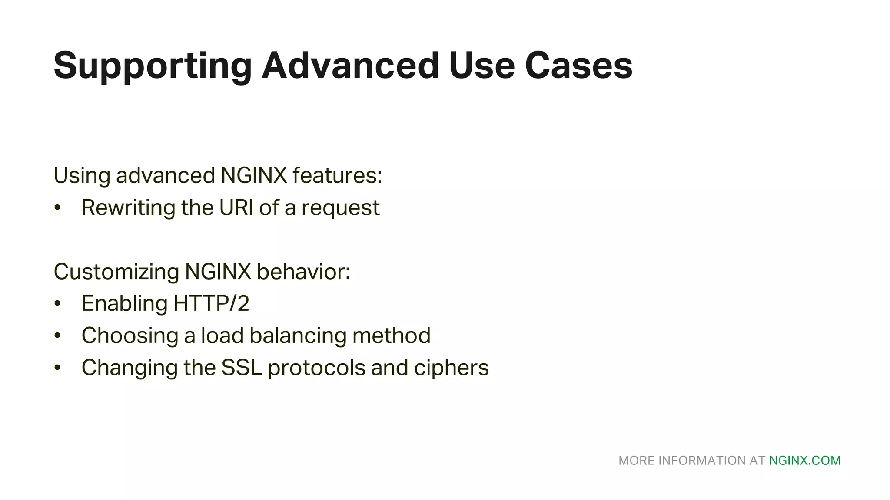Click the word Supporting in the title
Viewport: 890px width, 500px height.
153,66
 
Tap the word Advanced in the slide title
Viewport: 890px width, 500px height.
350,66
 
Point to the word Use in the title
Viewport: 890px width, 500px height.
482,66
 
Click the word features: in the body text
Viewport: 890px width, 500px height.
337,175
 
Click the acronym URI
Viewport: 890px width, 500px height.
236,207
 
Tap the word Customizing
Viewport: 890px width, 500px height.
116,272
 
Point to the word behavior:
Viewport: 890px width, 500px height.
303,272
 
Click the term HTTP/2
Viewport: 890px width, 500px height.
211,303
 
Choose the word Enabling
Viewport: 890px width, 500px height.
124,304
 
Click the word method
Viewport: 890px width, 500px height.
391,336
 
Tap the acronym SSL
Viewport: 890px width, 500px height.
242,368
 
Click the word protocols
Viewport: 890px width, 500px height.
316,368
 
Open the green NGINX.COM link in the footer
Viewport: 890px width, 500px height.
805,461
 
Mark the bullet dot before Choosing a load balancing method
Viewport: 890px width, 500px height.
57,336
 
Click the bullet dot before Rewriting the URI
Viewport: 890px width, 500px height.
57,207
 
